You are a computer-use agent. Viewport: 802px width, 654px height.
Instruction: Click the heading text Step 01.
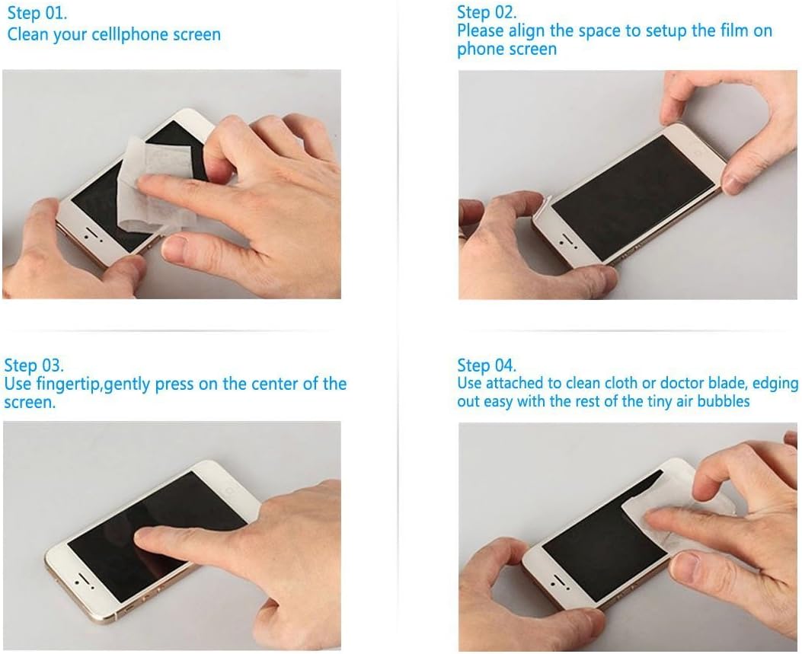[x=37, y=13]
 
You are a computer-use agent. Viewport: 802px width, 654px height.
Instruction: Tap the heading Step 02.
[x=487, y=11]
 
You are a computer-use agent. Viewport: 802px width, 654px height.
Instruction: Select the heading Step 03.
[x=34, y=365]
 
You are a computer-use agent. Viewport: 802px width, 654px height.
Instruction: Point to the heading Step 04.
[x=487, y=365]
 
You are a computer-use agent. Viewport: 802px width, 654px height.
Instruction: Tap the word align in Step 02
[x=526, y=31]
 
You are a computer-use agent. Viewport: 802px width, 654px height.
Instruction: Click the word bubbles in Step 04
[x=724, y=401]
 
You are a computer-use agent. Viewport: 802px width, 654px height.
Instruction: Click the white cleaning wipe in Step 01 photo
[x=153, y=187]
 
